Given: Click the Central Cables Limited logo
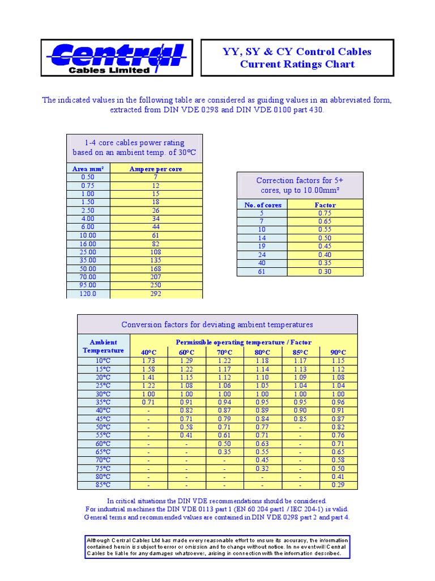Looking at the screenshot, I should click(116, 58).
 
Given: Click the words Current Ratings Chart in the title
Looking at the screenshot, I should click(297, 64).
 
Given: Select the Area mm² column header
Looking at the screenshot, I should click(88, 169).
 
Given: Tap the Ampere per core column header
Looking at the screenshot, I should click(156, 169).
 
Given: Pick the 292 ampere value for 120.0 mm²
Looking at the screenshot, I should click(156, 294).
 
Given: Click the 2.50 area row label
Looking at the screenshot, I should click(88, 210).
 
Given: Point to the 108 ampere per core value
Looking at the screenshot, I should click(156, 252).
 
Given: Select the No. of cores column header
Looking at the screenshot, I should click(263, 205).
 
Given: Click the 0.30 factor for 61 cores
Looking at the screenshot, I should click(325, 272).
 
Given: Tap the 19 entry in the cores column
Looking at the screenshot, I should click(262, 247).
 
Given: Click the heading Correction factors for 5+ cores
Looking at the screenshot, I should click(300, 186).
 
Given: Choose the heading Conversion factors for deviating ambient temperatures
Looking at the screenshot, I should click(217, 325).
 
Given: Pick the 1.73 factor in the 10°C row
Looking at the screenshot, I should click(149, 361).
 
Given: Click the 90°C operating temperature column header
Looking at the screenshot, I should click(338, 352).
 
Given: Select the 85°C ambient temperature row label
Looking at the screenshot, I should click(103, 485).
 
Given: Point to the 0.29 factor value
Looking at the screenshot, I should click(338, 485).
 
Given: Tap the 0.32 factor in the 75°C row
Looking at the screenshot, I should click(262, 469).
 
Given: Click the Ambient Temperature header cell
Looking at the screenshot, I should click(104, 346).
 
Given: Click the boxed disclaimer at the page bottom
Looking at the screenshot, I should click(217, 546).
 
